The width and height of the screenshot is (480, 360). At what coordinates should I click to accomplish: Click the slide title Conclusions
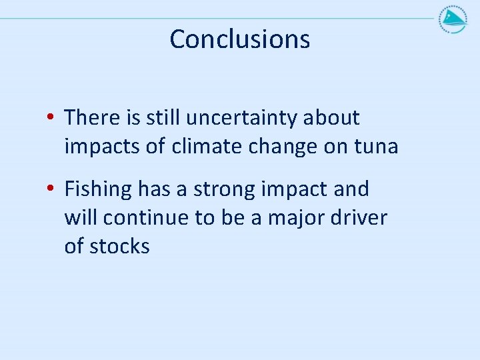tap(239, 39)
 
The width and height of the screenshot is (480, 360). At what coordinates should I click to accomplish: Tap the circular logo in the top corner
tap(453, 19)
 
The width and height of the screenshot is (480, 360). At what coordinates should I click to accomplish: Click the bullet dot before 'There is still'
tap(51, 119)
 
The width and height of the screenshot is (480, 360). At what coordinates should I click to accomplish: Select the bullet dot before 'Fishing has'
tap(51, 190)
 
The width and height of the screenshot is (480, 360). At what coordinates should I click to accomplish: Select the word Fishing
tap(98, 190)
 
